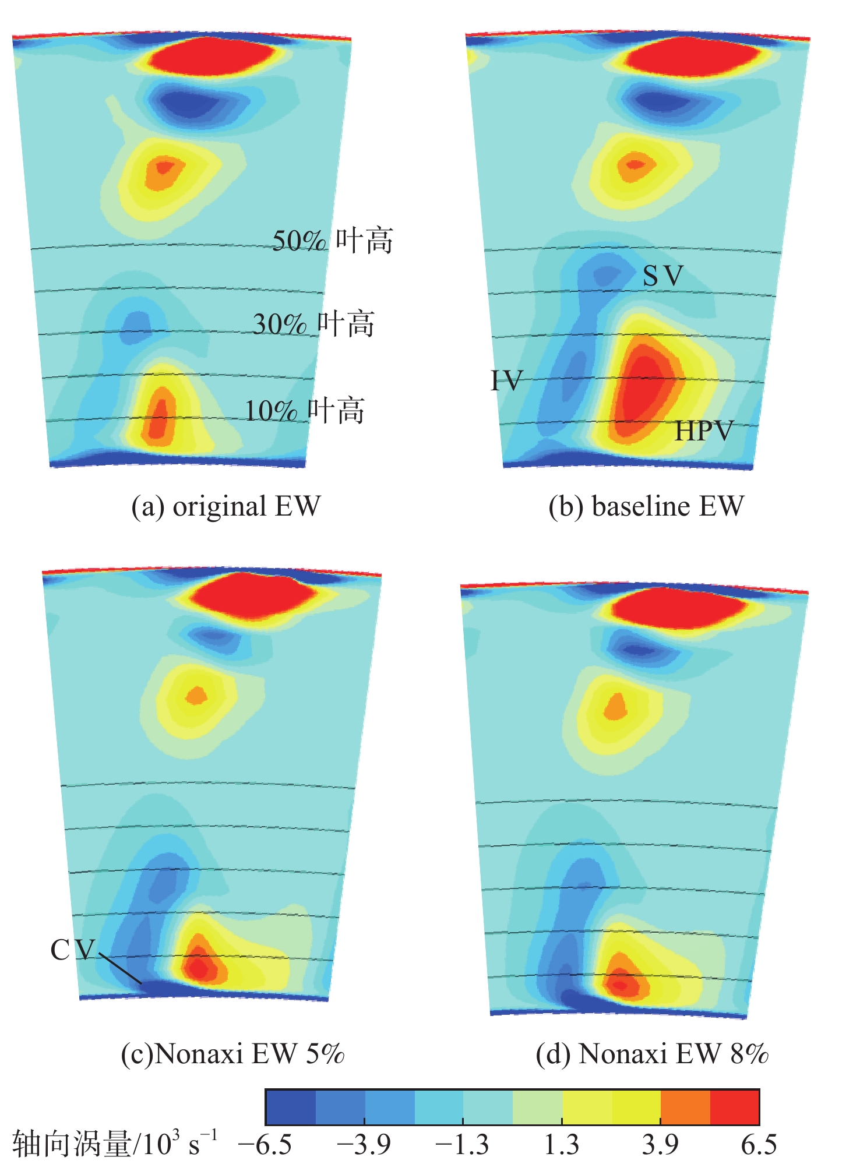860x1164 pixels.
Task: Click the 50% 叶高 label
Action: [333, 241]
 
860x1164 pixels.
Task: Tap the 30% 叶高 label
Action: [313, 324]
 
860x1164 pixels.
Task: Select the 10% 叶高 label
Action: [304, 411]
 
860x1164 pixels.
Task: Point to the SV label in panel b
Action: [662, 276]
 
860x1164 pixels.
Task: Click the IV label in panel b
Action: [506, 381]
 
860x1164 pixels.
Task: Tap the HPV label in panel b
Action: [703, 431]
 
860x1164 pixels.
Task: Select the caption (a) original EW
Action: [225, 506]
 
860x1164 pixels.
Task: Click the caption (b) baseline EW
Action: [646, 506]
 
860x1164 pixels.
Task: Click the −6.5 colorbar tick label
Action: [265, 1145]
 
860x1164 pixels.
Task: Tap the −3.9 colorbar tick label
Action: [364, 1145]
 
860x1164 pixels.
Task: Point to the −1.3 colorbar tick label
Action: [463, 1145]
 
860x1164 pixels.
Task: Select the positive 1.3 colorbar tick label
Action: [562, 1145]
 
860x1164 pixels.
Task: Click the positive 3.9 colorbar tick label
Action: [660, 1145]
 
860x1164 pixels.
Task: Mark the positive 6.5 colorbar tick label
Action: [759, 1145]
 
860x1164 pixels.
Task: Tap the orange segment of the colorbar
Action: [685, 1107]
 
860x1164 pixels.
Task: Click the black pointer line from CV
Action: [120, 968]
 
